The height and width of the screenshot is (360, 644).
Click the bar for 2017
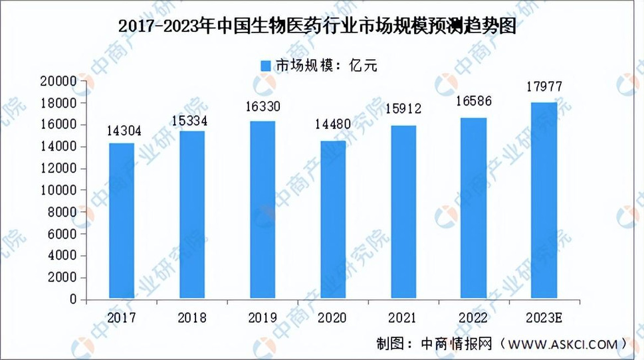click(122, 221)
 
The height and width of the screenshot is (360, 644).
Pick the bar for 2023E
click(544, 201)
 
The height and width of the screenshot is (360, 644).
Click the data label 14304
click(122, 131)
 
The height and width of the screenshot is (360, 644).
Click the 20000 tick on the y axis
click(60, 82)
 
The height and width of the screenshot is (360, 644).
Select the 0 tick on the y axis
click(74, 300)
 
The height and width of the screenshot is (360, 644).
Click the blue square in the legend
click(265, 65)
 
